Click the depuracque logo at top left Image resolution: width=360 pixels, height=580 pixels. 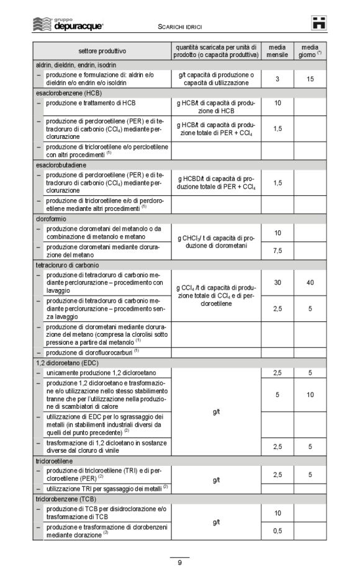click(68, 25)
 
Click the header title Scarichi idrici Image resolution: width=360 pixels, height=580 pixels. click(180, 27)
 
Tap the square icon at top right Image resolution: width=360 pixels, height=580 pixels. click(319, 24)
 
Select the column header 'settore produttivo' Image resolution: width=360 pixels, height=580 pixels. click(102, 50)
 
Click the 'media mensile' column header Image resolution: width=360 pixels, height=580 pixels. click(277, 50)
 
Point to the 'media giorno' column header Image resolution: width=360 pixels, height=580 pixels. click(310, 50)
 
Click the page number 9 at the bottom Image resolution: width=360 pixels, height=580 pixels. click(179, 563)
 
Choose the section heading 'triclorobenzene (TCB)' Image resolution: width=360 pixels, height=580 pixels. click(66, 498)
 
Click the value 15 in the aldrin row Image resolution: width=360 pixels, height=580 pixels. click(310, 79)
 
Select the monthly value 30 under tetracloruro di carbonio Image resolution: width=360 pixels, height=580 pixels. click(277, 282)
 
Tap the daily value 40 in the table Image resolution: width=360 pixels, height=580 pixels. click(310, 282)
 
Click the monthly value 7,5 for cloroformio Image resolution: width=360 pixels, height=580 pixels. click(277, 251)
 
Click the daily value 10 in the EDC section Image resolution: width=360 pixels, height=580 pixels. click(310, 395)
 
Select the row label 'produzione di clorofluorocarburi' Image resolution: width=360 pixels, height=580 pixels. click(92, 352)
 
